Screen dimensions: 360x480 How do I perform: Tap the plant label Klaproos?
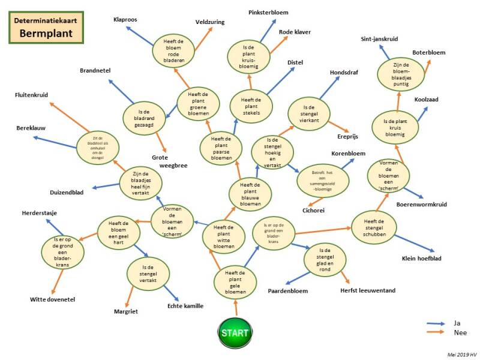point(125,20)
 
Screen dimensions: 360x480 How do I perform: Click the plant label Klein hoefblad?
point(421,259)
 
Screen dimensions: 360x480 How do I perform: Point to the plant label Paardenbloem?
point(288,292)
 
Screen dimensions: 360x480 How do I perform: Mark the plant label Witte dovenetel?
point(52,299)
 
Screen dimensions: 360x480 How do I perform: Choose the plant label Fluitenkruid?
point(32,95)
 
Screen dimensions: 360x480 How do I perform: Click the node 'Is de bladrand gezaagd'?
point(143,115)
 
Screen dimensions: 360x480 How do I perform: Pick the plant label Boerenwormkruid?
point(421,205)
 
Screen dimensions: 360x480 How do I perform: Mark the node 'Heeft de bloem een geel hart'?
point(118,229)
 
